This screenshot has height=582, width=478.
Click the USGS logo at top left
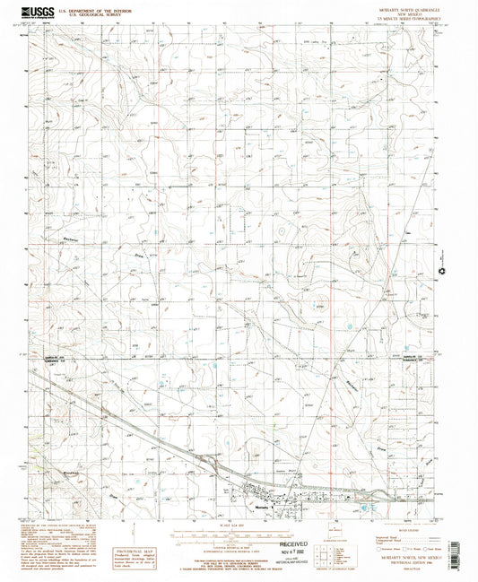point(37,13)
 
